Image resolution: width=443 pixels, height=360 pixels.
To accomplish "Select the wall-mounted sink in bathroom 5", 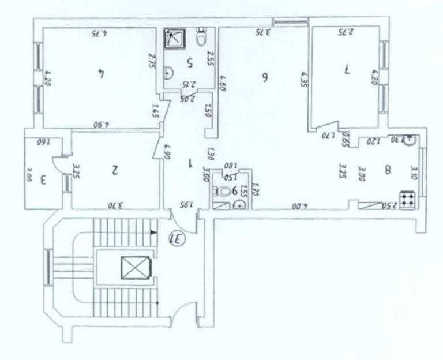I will click(167, 72).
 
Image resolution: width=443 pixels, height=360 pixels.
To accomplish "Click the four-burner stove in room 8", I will click(407, 199).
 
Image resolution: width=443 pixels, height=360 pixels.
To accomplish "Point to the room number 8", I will click(388, 170).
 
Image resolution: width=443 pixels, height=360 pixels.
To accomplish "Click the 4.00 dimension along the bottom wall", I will click(300, 204).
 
